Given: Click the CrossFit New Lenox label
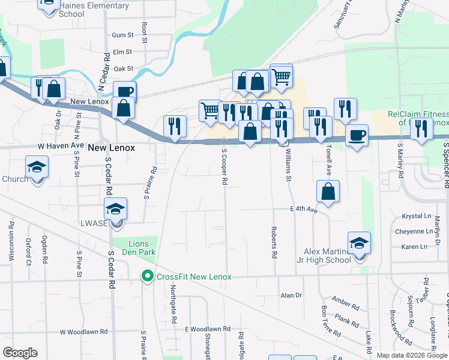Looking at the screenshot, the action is (x=194, y=277).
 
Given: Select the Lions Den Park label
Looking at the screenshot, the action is (x=142, y=247).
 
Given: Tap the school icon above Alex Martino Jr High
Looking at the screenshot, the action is (x=359, y=243).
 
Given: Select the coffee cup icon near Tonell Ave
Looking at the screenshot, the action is (x=357, y=136).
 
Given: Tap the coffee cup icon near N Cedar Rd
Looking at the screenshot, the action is (x=124, y=92).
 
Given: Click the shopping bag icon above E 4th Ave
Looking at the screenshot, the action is (x=328, y=191).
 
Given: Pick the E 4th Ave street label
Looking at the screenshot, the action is (x=303, y=209).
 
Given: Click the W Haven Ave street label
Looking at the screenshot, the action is (x=61, y=146).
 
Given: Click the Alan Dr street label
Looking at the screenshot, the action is (x=291, y=295).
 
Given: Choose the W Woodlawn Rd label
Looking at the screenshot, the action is (x=83, y=332).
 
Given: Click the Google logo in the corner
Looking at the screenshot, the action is (x=19, y=353).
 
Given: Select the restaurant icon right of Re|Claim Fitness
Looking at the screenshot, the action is (x=421, y=129).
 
